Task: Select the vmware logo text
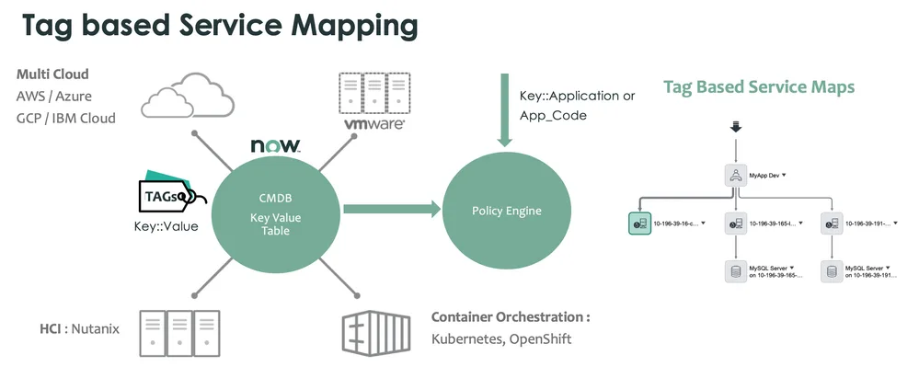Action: (x=373, y=122)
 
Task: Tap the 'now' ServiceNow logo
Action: (x=274, y=145)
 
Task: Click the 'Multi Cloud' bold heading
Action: (x=52, y=74)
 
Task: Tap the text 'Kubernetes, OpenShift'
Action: (x=501, y=339)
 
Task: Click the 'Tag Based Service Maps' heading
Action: (x=759, y=87)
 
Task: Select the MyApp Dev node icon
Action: (x=735, y=175)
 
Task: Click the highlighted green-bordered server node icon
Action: (x=640, y=223)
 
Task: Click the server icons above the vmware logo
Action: (x=373, y=92)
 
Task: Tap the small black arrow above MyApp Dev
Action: (x=735, y=127)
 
